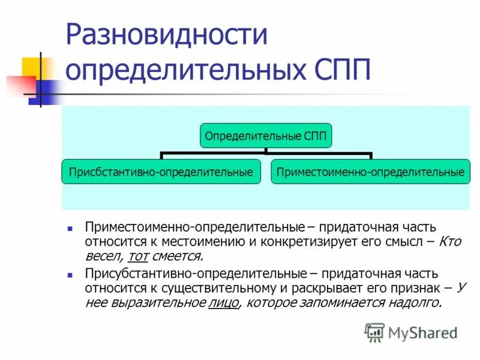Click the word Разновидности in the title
click(166, 35)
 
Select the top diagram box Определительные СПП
click(266, 136)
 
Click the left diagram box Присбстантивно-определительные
click(161, 172)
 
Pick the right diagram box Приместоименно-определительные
click(370, 172)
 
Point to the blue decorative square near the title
click(43, 91)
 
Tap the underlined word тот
click(138, 256)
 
